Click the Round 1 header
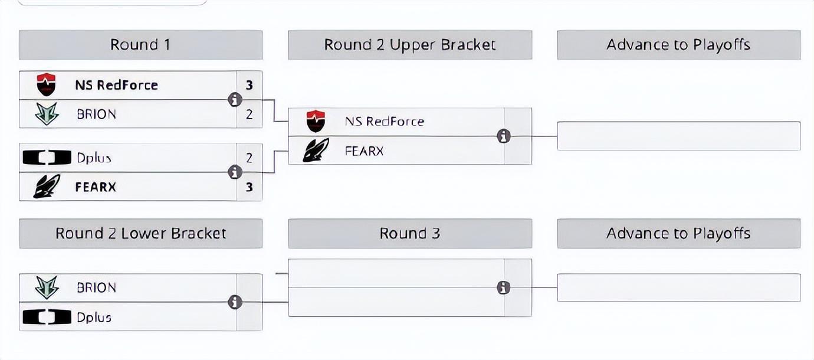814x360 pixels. (x=140, y=45)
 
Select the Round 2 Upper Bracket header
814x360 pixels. (x=410, y=45)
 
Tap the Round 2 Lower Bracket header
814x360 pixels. (x=140, y=234)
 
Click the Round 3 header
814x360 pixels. (x=410, y=234)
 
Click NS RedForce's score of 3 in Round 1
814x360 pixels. (x=249, y=85)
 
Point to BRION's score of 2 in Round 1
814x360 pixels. (x=249, y=114)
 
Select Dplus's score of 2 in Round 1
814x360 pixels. (x=249, y=158)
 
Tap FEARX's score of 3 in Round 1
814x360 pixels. (x=249, y=187)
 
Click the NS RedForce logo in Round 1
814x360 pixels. (x=46, y=84)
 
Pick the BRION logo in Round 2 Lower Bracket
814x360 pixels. (x=47, y=287)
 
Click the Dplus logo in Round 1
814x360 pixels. (x=47, y=158)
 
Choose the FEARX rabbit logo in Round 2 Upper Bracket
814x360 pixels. (x=316, y=150)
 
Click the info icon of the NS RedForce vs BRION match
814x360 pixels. (x=235, y=100)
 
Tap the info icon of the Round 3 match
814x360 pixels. (x=504, y=287)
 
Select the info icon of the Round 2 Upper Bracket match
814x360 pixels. (x=504, y=136)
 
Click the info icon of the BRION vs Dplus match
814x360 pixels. (x=235, y=302)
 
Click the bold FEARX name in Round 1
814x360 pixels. (x=96, y=187)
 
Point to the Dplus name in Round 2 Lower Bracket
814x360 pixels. (x=94, y=318)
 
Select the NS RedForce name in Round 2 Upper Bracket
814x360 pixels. (x=385, y=122)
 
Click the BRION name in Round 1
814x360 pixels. (x=96, y=114)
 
